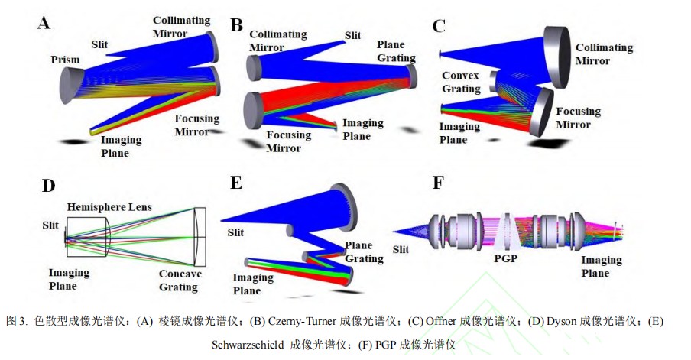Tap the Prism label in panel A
tap(65, 60)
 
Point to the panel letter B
tap(236, 25)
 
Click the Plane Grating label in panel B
tap(396, 51)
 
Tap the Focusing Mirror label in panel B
tap(288, 141)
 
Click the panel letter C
tap(439, 26)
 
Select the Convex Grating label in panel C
tap(461, 82)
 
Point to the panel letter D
tap(48, 186)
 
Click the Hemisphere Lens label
tap(109, 206)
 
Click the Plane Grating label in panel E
tap(362, 252)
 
